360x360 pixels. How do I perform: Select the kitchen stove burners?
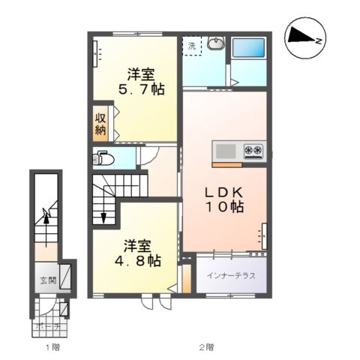point(253,151)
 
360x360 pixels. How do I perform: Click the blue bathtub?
point(248,49)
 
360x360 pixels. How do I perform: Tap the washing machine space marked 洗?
point(192,46)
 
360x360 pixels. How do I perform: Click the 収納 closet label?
point(100,125)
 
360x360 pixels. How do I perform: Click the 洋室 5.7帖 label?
point(141,82)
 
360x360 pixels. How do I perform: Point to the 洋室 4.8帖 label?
point(137,253)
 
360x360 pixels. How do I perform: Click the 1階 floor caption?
point(52,347)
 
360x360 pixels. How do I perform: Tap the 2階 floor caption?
point(206,347)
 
